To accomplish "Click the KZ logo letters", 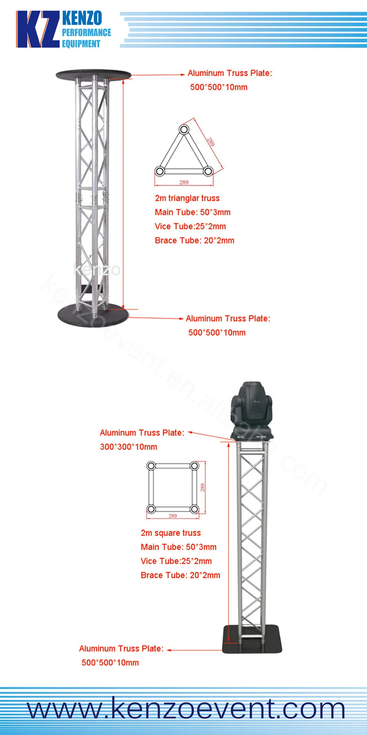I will pyautogui.click(x=38, y=29).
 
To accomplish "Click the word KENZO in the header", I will pyautogui.click(x=82, y=19).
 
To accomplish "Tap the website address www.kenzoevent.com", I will pyautogui.click(x=186, y=708).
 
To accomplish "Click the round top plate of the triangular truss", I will pyautogui.click(x=93, y=74).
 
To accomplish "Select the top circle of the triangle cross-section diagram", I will pyautogui.click(x=184, y=130).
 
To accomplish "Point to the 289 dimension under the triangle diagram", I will pyautogui.click(x=184, y=182).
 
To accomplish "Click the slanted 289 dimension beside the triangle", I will pyautogui.click(x=211, y=142).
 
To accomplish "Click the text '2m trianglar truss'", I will pyautogui.click(x=187, y=198).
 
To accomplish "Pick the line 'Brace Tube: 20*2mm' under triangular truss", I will pyautogui.click(x=195, y=241).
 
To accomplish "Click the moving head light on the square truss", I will pyautogui.click(x=252, y=410).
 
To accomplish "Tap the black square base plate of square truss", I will pyautogui.click(x=252, y=639).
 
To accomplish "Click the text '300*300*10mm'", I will pyautogui.click(x=128, y=447).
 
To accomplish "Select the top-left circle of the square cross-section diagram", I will pyautogui.click(x=151, y=466).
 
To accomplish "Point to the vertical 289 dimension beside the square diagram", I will pyautogui.click(x=203, y=487).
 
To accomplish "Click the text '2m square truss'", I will pyautogui.click(x=171, y=533).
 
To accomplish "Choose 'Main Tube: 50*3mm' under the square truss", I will pyautogui.click(x=179, y=547).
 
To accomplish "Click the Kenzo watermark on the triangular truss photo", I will pyautogui.click(x=97, y=269).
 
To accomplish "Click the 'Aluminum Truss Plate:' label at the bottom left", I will pyautogui.click(x=121, y=649).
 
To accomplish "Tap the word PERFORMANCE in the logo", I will pyautogui.click(x=86, y=33).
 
